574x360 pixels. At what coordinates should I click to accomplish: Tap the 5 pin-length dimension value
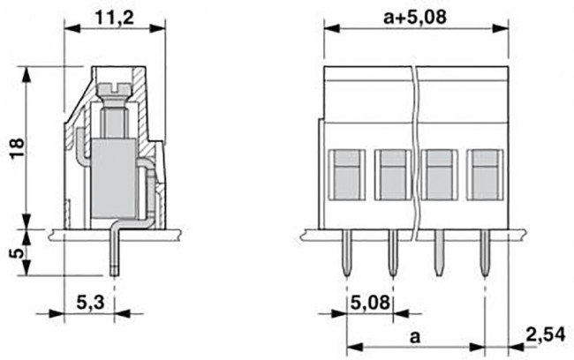(x=13, y=251)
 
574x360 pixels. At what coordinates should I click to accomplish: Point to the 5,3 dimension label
(x=87, y=303)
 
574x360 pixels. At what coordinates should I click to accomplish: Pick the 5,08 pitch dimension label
(x=370, y=303)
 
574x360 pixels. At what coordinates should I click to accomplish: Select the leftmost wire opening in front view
(x=347, y=173)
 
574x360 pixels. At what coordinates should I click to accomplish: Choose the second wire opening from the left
(x=392, y=173)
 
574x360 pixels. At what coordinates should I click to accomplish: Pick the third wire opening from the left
(x=438, y=173)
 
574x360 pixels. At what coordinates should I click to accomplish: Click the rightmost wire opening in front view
(x=483, y=173)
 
